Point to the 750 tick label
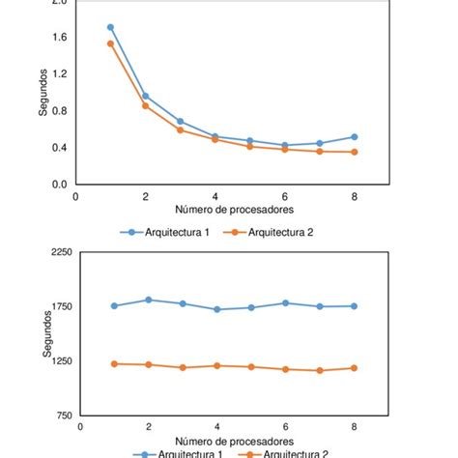[x=63, y=416]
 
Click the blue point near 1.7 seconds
[x=110, y=27]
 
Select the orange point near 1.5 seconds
[x=110, y=43]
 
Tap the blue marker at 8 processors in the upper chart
[x=355, y=136]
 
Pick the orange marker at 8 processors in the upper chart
[x=355, y=152]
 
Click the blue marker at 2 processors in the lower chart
[x=148, y=300]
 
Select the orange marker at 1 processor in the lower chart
[x=114, y=363]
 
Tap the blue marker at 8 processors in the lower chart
[x=355, y=305]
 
